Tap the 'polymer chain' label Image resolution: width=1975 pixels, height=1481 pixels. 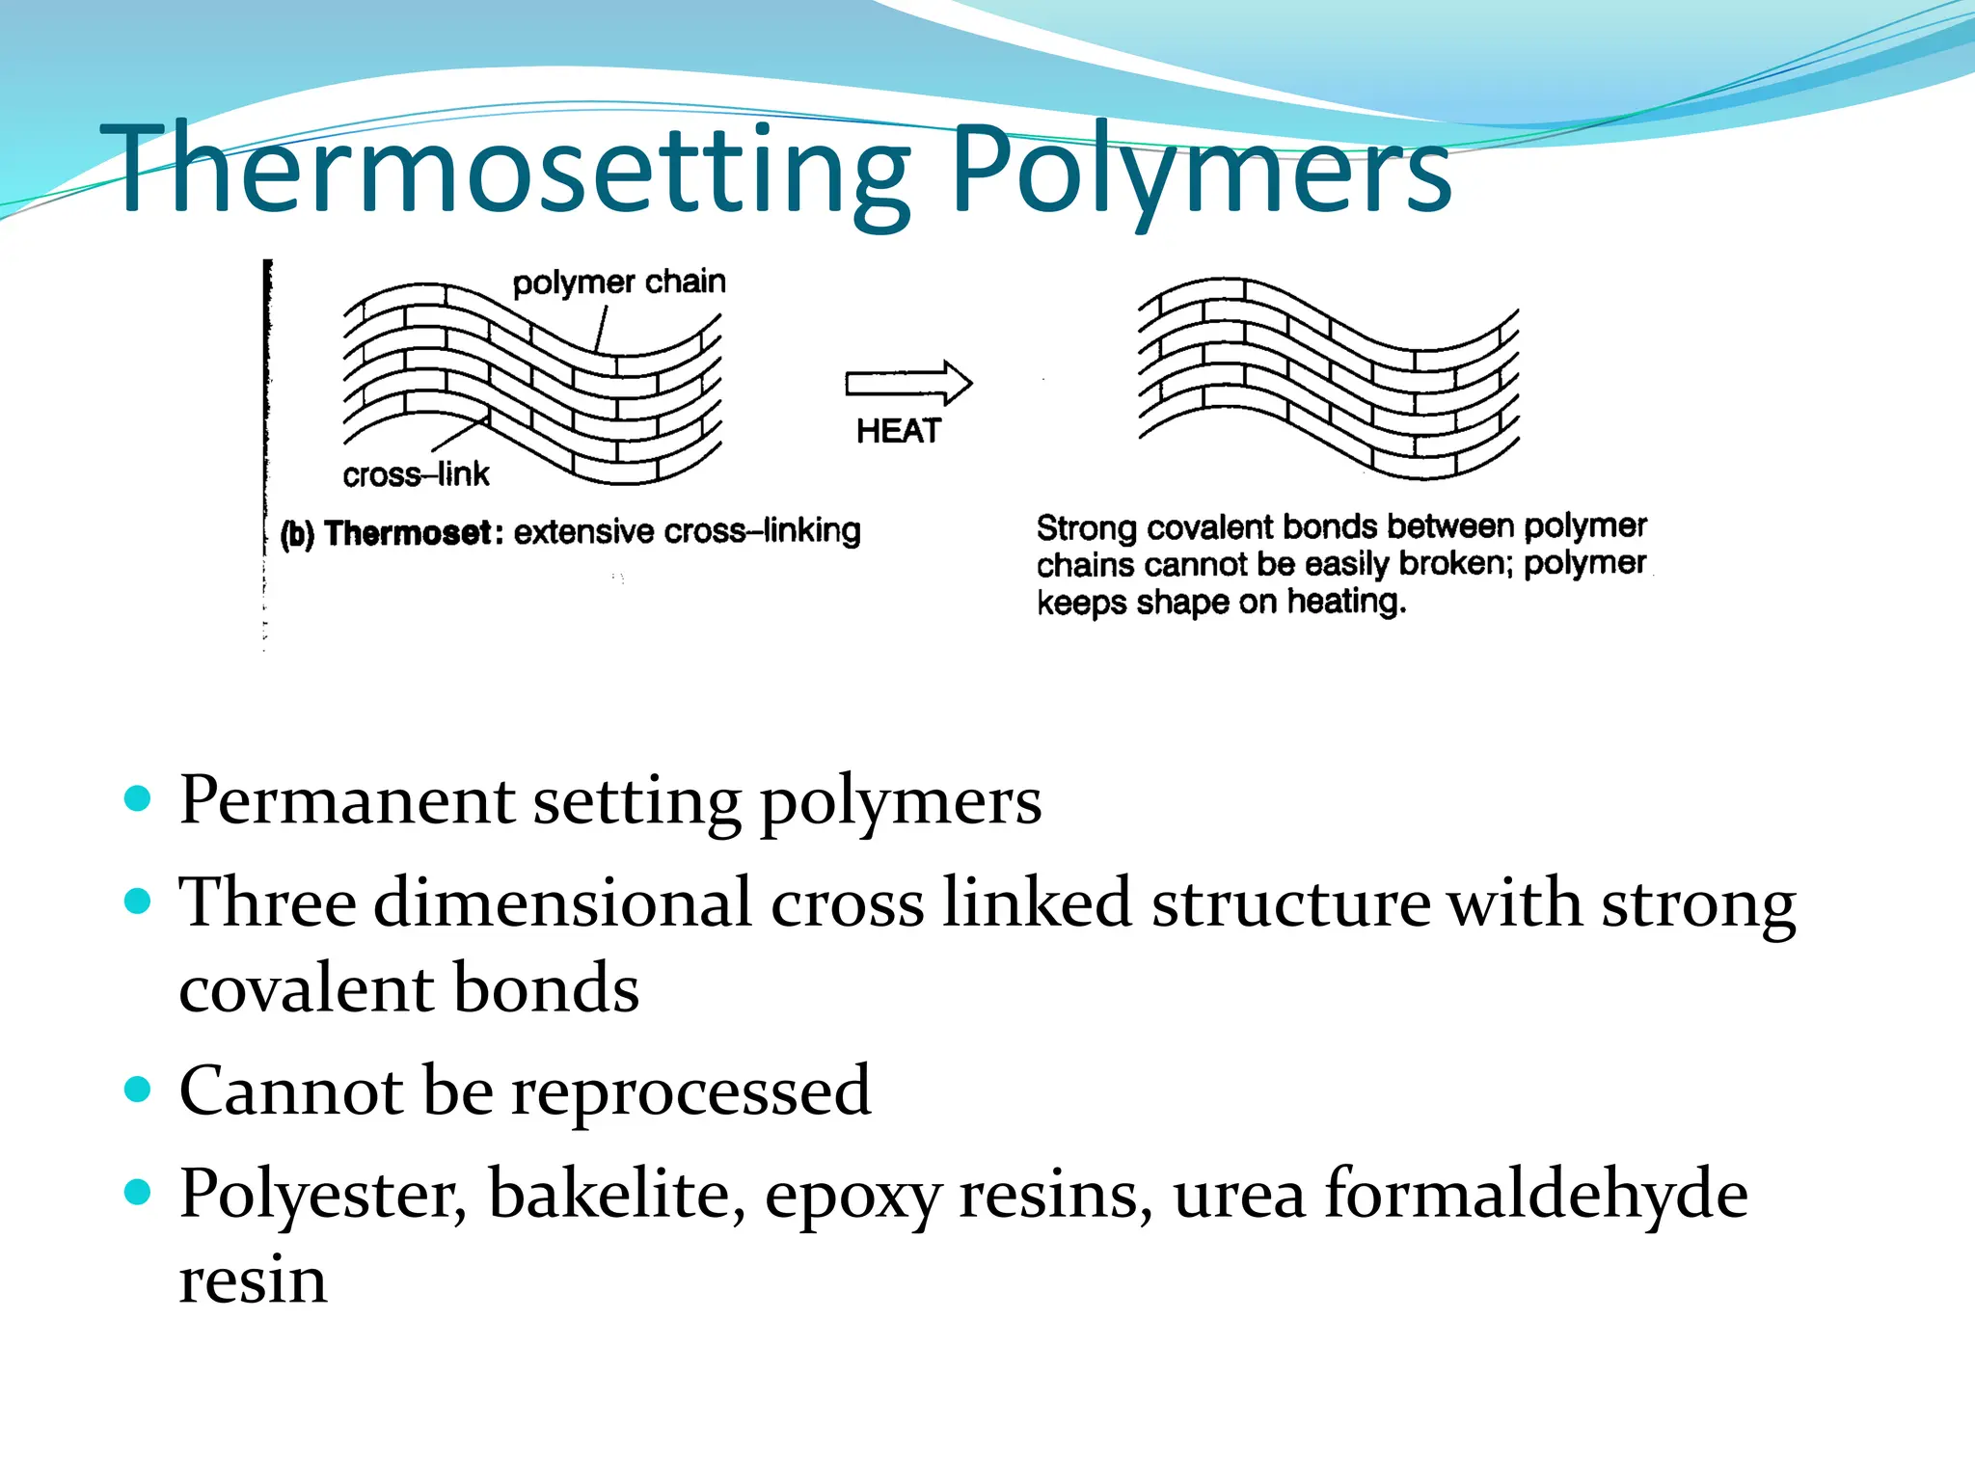tap(618, 283)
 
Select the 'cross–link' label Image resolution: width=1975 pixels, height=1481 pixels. tap(416, 474)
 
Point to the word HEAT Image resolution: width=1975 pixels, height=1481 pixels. tap(898, 431)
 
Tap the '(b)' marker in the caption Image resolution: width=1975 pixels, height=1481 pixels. tap(297, 533)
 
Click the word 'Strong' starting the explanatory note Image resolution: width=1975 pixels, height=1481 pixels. tap(1087, 528)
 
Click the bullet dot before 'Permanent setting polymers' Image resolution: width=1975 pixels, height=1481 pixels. tap(139, 798)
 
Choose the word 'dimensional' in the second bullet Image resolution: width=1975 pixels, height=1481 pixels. tap(562, 903)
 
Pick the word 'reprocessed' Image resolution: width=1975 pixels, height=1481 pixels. tap(690, 1091)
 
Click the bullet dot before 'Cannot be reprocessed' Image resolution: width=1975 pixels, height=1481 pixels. tap(139, 1090)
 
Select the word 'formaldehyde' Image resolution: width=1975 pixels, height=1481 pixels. tap(1535, 1194)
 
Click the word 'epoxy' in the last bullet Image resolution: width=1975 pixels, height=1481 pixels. tap(852, 1196)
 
